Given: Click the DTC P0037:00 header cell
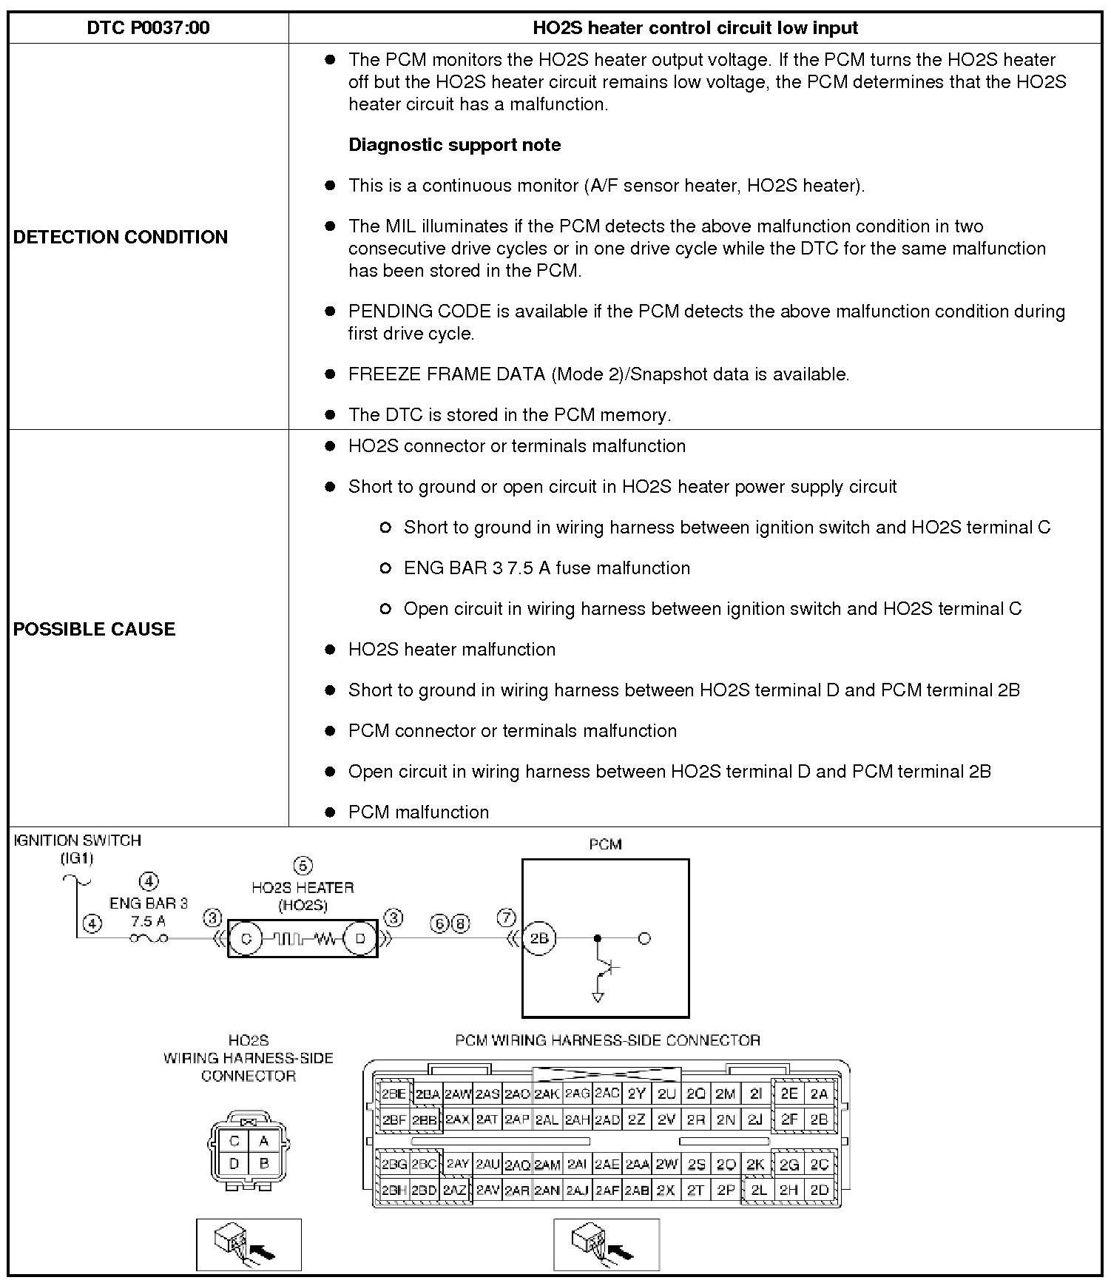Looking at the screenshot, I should click(x=148, y=28).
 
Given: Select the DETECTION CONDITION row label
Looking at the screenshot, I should click(x=121, y=237).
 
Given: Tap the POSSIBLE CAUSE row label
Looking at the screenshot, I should click(x=95, y=629).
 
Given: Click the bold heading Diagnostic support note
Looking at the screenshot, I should click(x=454, y=144).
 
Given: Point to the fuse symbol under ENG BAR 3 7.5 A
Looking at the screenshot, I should click(x=149, y=938).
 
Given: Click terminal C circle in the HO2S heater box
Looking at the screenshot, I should click(x=246, y=938).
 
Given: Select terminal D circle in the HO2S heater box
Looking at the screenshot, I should click(x=360, y=938).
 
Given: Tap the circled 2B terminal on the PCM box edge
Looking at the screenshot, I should click(x=539, y=938).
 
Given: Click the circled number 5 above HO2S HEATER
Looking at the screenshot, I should click(x=303, y=866).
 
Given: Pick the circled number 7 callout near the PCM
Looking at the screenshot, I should click(x=506, y=918).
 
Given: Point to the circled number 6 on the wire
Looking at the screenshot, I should click(x=440, y=923).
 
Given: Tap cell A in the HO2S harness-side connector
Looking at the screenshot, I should click(x=263, y=1141).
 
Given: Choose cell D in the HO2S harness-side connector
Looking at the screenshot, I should click(x=234, y=1164).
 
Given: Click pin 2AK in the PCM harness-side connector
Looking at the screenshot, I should click(x=547, y=1094).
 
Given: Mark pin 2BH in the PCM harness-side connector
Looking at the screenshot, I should click(x=393, y=1191).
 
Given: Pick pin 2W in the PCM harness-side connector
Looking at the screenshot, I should click(x=666, y=1165).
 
